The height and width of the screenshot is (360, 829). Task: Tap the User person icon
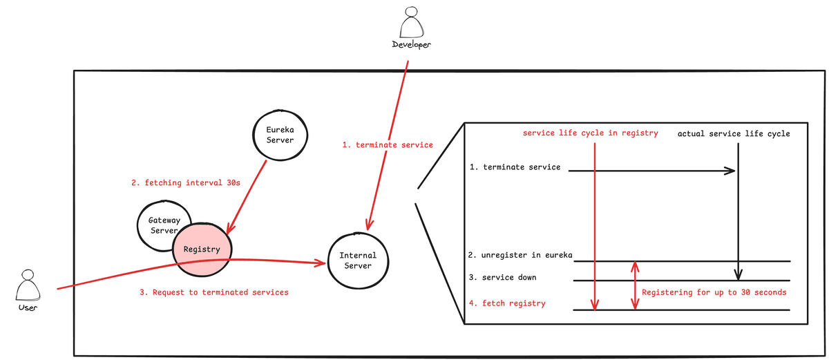(x=27, y=284)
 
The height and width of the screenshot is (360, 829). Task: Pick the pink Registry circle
(x=202, y=249)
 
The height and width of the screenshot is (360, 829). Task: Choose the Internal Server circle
(x=357, y=260)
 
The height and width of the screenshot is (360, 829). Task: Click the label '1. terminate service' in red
(x=388, y=145)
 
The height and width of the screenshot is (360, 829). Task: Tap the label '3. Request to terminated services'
(x=214, y=292)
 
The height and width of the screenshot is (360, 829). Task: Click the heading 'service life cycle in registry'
(x=591, y=133)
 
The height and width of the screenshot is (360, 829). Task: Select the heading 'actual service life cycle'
(x=734, y=133)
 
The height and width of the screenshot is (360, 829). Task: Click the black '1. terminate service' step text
(x=515, y=167)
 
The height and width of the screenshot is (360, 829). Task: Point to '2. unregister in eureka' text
(x=520, y=255)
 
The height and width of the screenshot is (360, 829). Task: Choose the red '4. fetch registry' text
(x=507, y=303)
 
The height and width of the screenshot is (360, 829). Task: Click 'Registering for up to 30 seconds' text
(x=714, y=292)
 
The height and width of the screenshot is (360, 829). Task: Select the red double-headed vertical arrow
(x=636, y=285)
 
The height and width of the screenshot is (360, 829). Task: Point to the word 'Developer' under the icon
(x=412, y=45)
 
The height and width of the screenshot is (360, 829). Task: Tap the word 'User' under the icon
(x=27, y=307)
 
